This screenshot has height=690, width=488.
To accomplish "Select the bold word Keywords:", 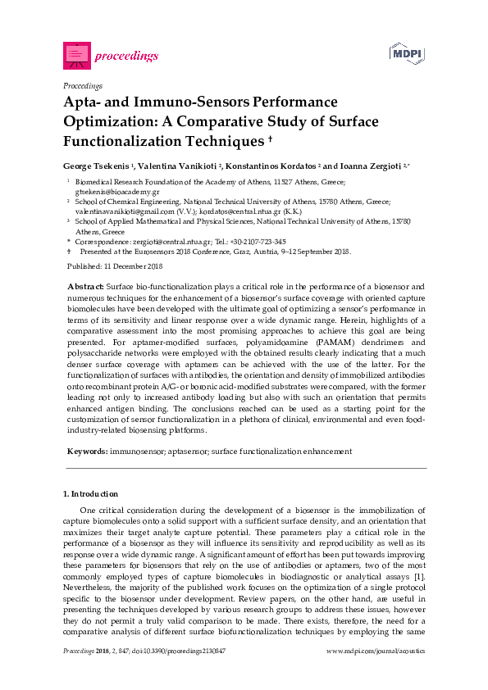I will [86, 451].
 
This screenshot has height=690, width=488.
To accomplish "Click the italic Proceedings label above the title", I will [82, 85].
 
